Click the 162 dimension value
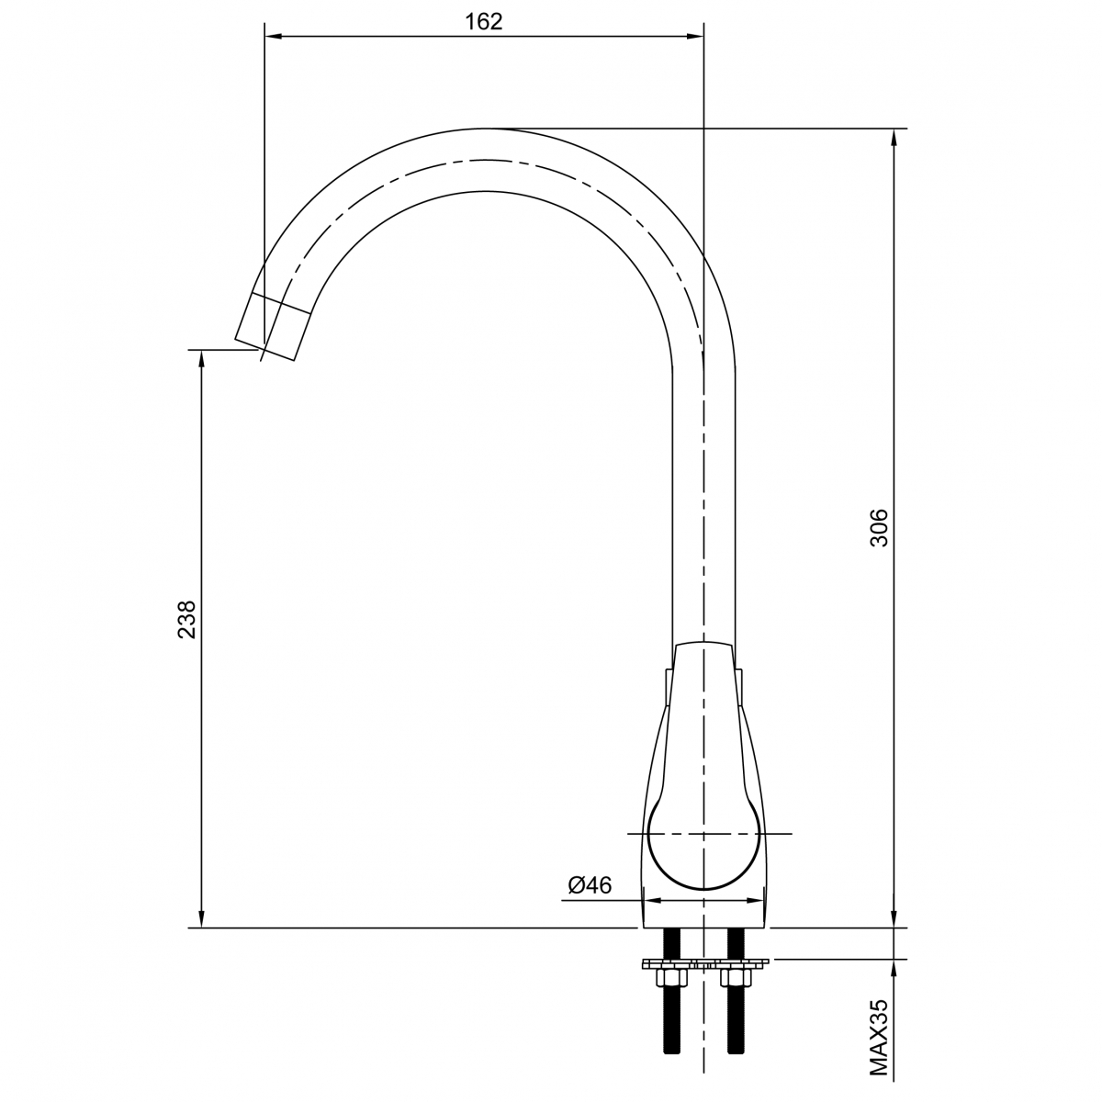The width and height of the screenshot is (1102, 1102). click(x=483, y=22)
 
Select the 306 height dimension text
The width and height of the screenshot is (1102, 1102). click(x=879, y=527)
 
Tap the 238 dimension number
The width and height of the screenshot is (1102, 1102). click(x=186, y=619)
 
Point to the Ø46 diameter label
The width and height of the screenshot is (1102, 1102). click(x=590, y=885)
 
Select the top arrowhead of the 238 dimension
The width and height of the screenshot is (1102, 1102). click(x=201, y=360)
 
